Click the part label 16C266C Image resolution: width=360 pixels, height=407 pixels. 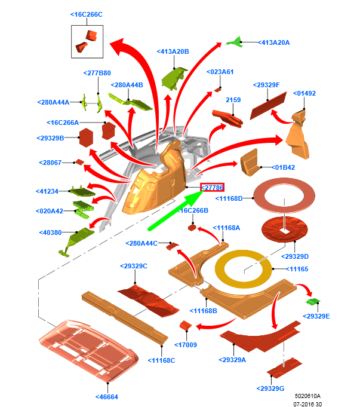(x=87, y=14)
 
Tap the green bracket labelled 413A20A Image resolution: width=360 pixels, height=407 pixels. (x=235, y=42)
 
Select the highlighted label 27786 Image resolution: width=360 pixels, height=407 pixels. (x=212, y=188)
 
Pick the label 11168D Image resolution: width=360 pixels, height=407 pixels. (x=229, y=198)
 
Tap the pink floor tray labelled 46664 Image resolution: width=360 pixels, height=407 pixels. (x=89, y=350)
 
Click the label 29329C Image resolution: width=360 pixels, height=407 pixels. (x=134, y=267)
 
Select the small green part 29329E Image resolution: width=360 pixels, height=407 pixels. (x=313, y=301)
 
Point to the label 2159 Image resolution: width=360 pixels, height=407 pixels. (x=233, y=100)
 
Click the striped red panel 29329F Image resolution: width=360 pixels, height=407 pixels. (x=268, y=106)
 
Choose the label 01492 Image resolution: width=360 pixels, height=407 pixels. (x=304, y=93)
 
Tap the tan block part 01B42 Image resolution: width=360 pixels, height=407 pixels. (x=250, y=163)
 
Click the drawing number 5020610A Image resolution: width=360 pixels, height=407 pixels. (x=307, y=396)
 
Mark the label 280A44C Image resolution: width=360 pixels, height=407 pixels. (x=141, y=243)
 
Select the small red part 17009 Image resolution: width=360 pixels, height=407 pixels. (x=186, y=325)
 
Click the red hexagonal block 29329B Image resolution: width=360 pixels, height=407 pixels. (x=86, y=138)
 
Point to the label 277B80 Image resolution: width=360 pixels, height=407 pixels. (x=97, y=73)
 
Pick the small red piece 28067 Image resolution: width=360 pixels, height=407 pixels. (x=79, y=162)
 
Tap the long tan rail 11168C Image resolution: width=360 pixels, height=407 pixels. (x=125, y=318)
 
